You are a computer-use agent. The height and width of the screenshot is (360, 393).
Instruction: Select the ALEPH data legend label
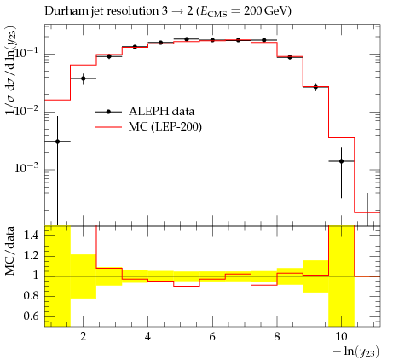pos(161,111)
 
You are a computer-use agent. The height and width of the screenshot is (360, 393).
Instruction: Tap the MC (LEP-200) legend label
pos(165,126)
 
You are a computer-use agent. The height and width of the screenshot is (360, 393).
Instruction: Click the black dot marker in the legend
pos(108,112)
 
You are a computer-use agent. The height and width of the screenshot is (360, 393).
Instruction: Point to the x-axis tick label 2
pos(83,336)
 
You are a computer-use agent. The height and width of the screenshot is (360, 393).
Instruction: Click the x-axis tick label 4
pos(147,336)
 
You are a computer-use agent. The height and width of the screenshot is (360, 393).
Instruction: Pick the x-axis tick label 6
pos(212,336)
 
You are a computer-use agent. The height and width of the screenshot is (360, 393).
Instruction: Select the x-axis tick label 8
pos(277,336)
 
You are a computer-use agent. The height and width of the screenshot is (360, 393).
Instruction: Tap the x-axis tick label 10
pos(341,336)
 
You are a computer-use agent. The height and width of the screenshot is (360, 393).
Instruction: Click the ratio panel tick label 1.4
pos(31,235)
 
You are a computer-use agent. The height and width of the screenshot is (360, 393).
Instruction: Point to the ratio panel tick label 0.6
pos(31,316)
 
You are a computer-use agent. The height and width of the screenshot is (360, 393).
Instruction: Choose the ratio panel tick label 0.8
pos(31,296)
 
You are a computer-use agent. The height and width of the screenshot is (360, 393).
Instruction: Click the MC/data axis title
pos(10,251)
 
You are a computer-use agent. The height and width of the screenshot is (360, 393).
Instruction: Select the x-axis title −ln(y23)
pos(356,351)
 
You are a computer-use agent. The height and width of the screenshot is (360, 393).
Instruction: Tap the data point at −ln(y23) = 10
pos(341,161)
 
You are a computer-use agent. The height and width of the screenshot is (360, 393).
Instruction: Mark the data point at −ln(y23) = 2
pos(83,78)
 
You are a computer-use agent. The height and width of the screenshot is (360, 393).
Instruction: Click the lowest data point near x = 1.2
pos(57,142)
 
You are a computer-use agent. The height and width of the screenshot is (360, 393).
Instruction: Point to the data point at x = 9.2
pos(315,87)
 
